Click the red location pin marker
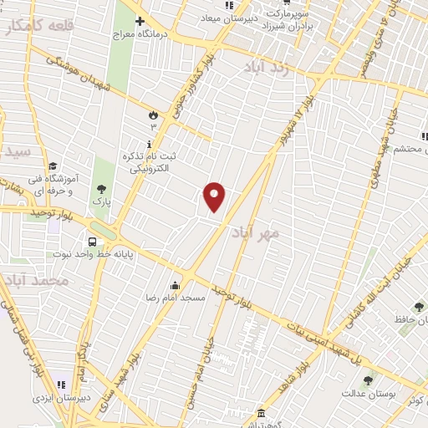tap(214, 196)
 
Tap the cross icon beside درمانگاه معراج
tap(140, 20)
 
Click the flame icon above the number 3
tap(153, 115)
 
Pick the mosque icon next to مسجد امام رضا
tap(175, 285)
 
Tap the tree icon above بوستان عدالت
tap(367, 380)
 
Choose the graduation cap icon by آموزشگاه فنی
tap(53, 166)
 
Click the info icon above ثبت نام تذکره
tap(148, 144)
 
